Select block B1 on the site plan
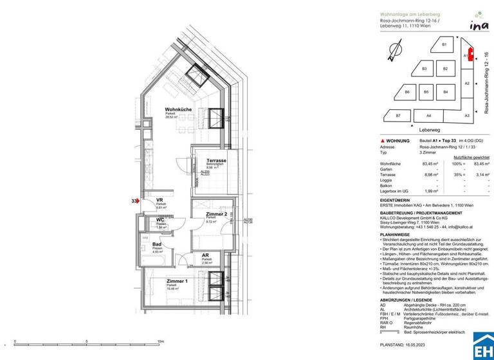pyautogui.click(x=444, y=44)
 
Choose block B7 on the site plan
pyautogui.click(x=398, y=115)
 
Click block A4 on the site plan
pyautogui.click(x=428, y=115)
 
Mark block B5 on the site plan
pyautogui.click(x=426, y=93)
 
